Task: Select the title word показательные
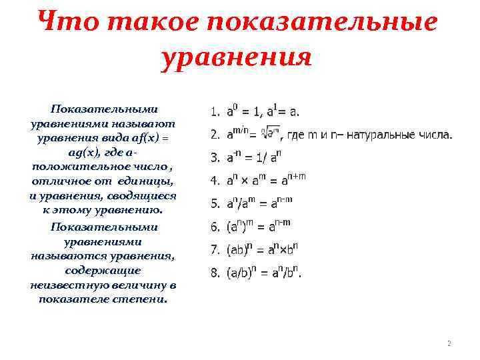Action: click(323, 23)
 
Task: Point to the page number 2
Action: click(449, 343)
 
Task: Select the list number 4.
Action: click(215, 180)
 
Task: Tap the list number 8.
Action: click(215, 273)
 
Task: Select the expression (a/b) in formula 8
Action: click(239, 273)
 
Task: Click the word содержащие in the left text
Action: click(103, 271)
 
